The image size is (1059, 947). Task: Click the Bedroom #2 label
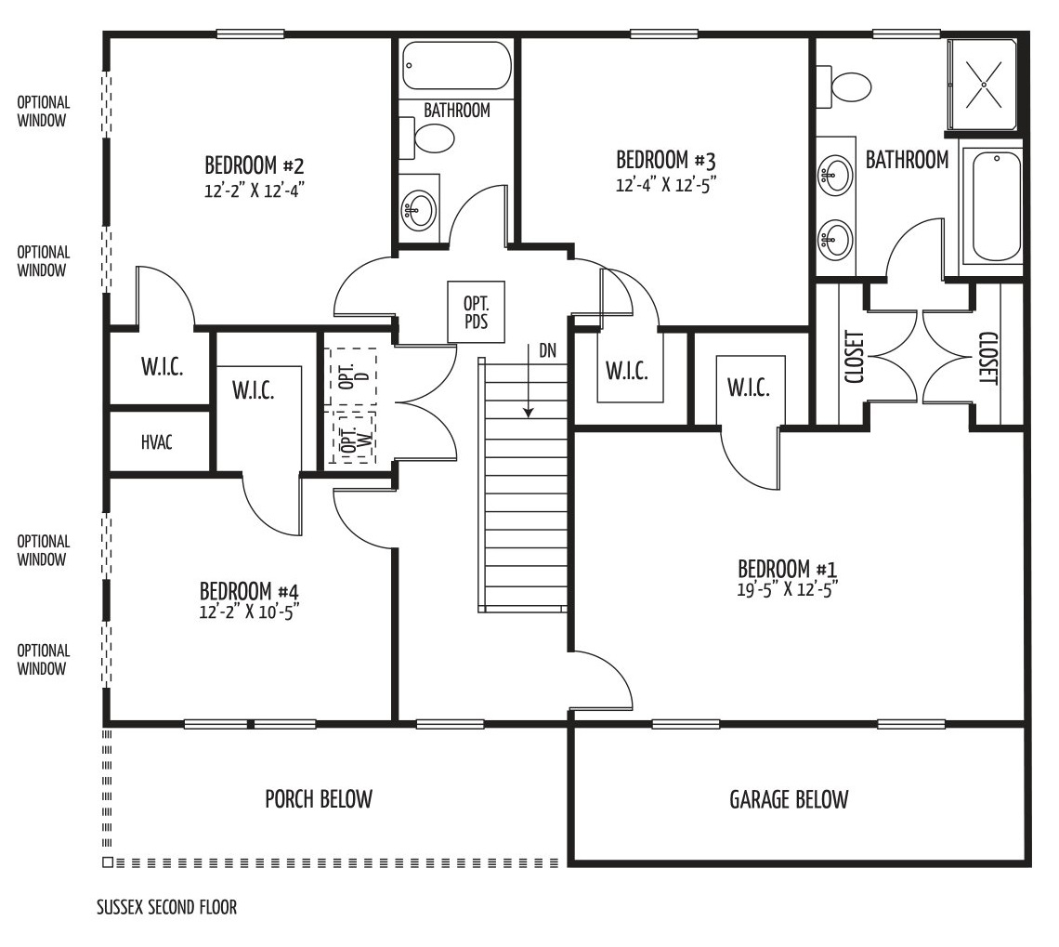pos(255,164)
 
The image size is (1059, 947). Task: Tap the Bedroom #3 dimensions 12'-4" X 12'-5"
pos(665,184)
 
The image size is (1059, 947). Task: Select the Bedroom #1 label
pos(788,569)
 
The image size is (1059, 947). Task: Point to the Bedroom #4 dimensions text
pos(249,612)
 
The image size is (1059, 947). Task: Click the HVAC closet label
pos(157,442)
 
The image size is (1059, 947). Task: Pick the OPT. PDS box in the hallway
pos(477,312)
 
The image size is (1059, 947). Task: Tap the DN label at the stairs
pos(548,351)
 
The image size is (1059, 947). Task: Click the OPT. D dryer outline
pos(351,375)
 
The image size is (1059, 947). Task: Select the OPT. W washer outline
pos(351,437)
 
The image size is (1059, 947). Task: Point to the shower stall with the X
pos(983,85)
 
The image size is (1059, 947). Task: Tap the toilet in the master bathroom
pos(844,87)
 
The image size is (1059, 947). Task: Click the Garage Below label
pos(788,800)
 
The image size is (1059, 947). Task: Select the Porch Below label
pos(319,799)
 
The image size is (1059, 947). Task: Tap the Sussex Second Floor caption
pos(167,907)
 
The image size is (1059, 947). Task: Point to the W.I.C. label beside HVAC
pos(162,367)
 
